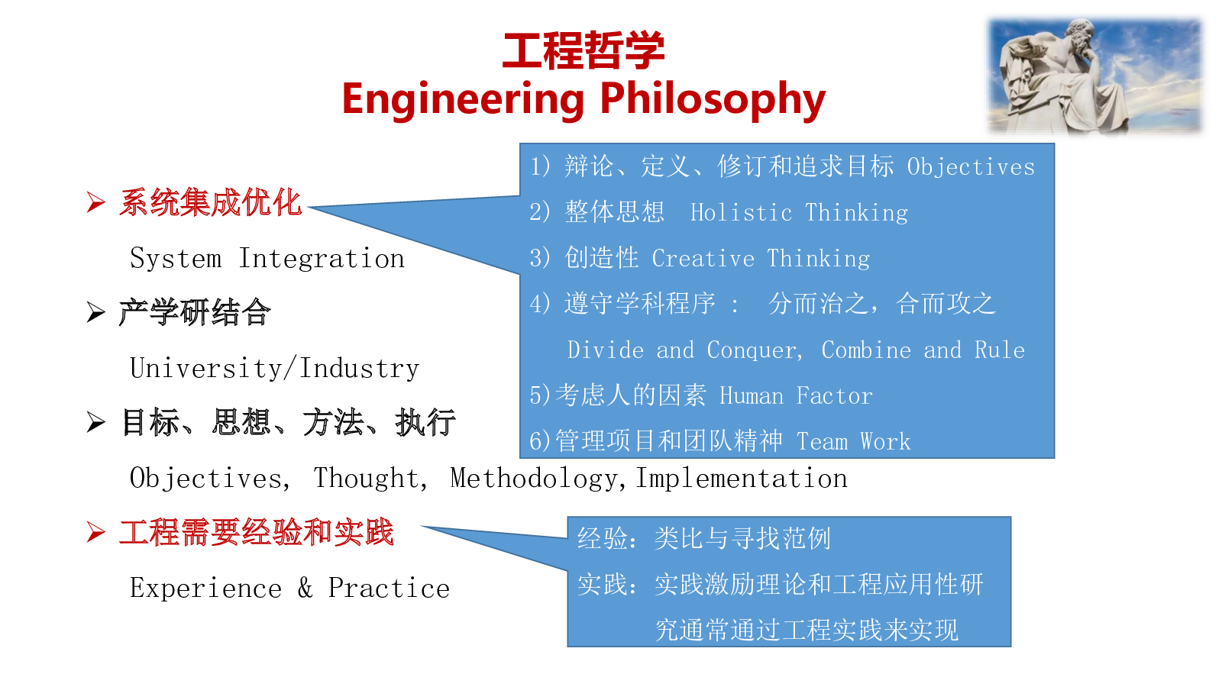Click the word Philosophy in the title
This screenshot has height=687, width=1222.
[713, 100]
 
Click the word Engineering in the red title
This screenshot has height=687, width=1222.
[463, 100]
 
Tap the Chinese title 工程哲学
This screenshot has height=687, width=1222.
[584, 50]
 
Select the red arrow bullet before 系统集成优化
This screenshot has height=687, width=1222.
[95, 202]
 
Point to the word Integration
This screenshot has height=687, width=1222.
[322, 259]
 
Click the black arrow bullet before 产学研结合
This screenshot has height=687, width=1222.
[95, 312]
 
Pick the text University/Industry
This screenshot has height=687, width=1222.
[274, 368]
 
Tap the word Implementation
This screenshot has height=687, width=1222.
[742, 479]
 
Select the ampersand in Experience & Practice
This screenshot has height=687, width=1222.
[305, 588]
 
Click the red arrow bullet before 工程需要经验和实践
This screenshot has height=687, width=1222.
[95, 532]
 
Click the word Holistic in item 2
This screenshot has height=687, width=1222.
[742, 213]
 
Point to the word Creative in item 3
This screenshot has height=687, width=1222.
[703, 259]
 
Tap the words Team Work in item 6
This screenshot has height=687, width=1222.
[853, 442]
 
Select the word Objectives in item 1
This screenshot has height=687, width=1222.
[971, 167]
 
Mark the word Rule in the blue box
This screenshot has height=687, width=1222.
[1000, 350]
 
